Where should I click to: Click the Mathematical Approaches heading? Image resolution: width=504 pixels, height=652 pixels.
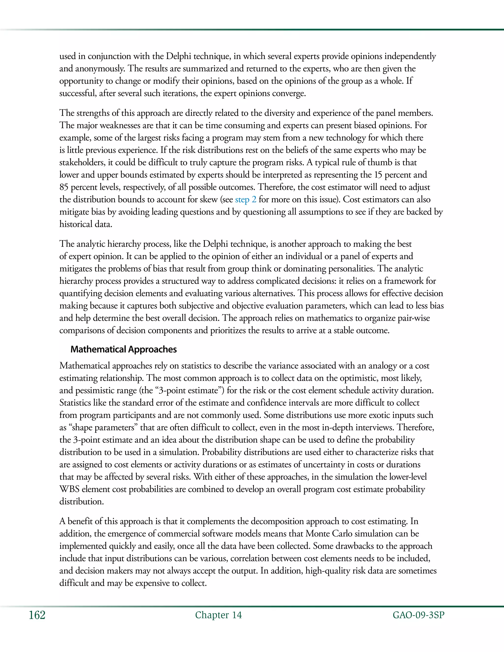point(123,349)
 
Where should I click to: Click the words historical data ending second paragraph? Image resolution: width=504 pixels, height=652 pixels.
point(86,224)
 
